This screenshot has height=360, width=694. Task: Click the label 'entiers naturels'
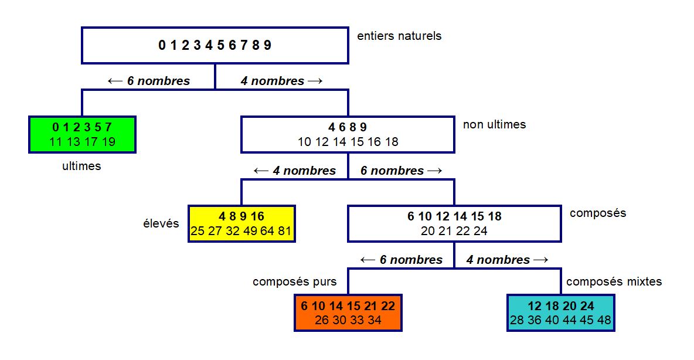pos(399,36)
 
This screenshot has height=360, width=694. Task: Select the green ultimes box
pos(82,135)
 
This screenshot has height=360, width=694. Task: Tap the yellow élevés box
pos(241,223)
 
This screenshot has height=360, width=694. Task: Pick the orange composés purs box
pos(348,313)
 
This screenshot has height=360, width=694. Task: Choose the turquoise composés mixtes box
pos(561,313)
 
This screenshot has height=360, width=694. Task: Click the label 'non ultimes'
pos(494,124)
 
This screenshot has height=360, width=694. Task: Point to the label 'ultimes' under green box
pos(81,166)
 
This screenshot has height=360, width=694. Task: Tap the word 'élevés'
pos(161,223)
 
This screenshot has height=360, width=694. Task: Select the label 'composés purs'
pos(295,281)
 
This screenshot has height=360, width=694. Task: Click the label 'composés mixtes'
pos(614,281)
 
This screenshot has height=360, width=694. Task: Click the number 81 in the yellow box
pos(284,231)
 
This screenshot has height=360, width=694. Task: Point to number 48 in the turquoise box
pos(604,320)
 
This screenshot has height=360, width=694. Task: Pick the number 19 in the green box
pos(108,142)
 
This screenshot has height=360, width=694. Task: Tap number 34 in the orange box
pos(375,320)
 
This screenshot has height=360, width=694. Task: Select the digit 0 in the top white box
pos(162,45)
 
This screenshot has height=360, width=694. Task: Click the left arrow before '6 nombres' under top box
pos(115,81)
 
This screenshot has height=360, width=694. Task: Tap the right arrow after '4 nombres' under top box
pos(315,81)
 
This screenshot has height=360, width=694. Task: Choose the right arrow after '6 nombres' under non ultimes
pos(435,171)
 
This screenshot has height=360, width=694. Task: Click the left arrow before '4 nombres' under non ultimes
pos(261,171)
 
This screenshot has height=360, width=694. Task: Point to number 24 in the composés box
pos(480,231)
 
